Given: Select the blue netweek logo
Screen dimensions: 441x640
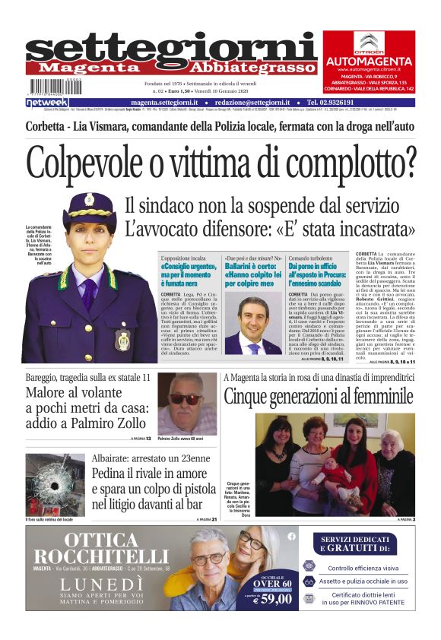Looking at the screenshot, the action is coord(47,103).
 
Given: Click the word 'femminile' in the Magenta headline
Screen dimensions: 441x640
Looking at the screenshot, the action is coord(373,396).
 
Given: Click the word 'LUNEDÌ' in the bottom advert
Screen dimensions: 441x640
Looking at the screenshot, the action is coord(101,581).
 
